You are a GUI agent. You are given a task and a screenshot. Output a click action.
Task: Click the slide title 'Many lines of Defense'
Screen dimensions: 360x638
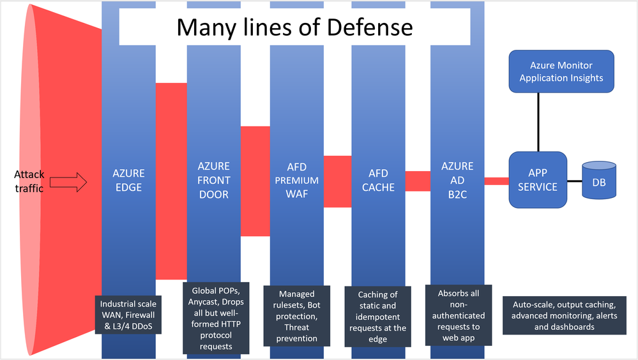[x=294, y=27]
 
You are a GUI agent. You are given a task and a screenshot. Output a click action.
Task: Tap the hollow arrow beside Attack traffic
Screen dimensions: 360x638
[x=68, y=184]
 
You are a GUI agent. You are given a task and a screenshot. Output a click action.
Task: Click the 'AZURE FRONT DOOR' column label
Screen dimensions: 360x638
[x=213, y=180]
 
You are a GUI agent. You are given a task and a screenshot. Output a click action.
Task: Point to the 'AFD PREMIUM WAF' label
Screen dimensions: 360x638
[x=297, y=180]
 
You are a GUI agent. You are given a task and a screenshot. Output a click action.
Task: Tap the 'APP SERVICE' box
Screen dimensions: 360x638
[x=538, y=179]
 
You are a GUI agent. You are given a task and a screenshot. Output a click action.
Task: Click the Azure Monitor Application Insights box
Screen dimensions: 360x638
[x=561, y=71]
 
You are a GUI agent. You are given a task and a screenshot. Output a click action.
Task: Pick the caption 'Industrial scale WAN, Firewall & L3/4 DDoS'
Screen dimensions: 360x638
[x=128, y=316]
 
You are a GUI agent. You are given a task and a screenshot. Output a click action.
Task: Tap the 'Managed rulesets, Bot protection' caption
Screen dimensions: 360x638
[x=298, y=316]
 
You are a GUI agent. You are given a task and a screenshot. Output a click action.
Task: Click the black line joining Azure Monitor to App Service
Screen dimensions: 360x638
[x=538, y=122]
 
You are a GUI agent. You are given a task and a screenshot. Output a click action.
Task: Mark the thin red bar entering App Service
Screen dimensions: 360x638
[x=496, y=181]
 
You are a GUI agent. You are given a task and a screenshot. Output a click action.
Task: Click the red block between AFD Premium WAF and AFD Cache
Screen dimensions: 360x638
[x=338, y=181]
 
